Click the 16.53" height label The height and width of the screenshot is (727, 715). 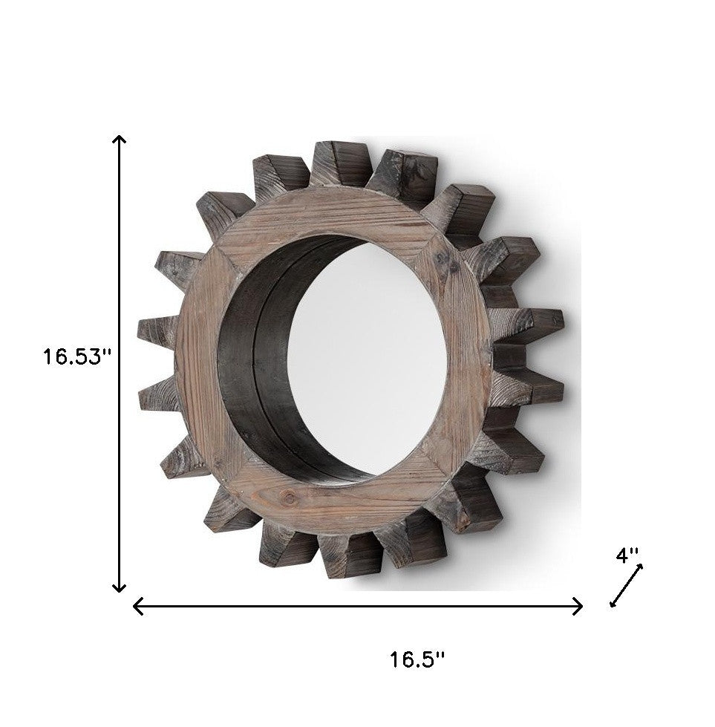click(x=76, y=356)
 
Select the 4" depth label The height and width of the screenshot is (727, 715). click(x=627, y=555)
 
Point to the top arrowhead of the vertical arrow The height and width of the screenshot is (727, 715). click(x=118, y=140)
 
